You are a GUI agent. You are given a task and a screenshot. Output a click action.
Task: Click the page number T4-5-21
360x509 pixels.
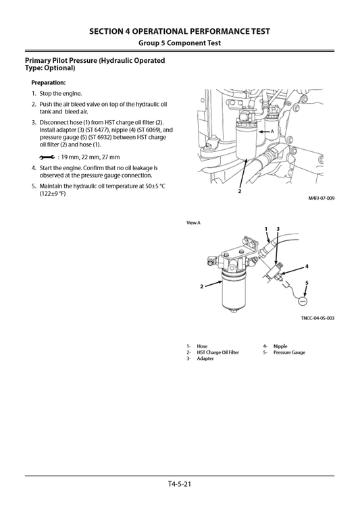(180, 484)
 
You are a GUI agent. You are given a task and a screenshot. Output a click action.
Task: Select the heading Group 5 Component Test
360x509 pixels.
(180, 43)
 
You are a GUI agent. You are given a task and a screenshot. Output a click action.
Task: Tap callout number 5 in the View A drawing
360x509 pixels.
(305, 282)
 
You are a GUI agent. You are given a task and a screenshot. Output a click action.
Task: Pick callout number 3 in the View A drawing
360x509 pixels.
(278, 230)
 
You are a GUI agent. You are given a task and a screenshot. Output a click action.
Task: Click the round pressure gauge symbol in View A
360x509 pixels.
(303, 299)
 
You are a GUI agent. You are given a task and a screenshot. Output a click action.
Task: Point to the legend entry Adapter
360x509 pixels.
(205, 358)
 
